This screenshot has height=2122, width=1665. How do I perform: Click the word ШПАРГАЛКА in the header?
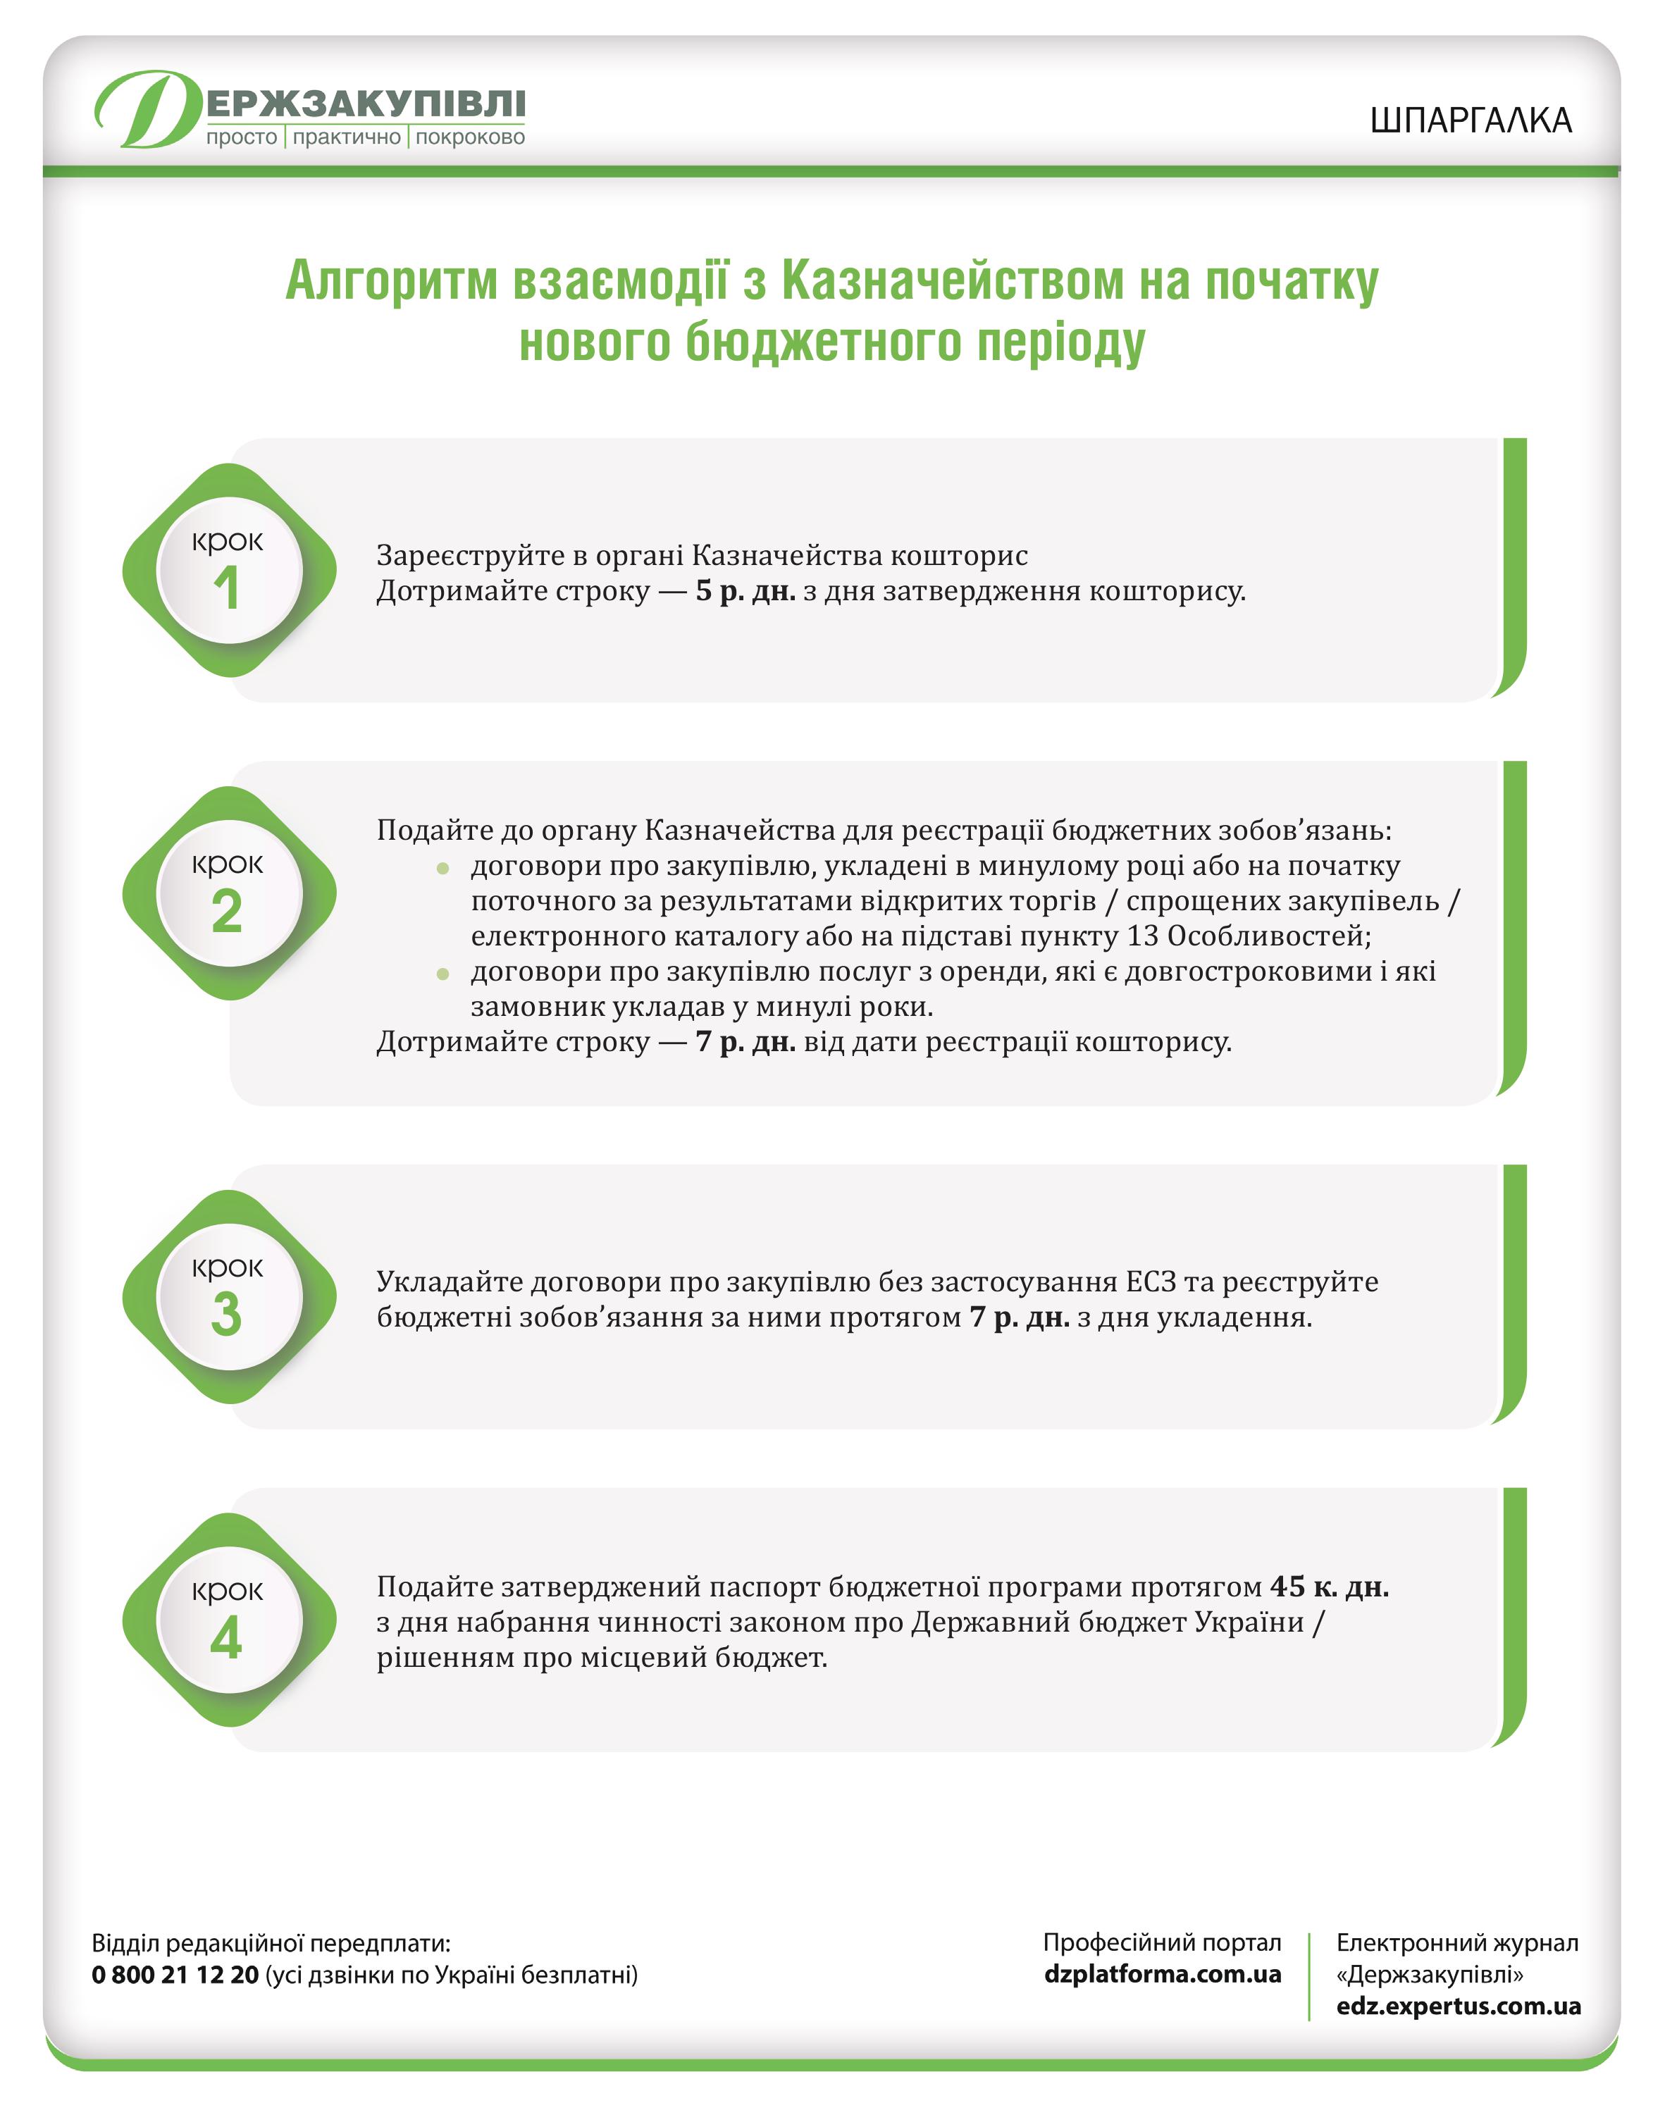click(1470, 120)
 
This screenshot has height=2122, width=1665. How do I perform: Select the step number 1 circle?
click(229, 571)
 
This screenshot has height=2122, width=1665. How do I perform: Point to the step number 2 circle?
click(229, 894)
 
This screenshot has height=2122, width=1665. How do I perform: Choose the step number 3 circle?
click(229, 1298)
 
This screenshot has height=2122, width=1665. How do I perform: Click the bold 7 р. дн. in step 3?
click(1019, 1318)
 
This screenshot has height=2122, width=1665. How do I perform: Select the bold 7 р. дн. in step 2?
click(745, 1042)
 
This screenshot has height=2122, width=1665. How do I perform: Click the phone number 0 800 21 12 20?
click(175, 1975)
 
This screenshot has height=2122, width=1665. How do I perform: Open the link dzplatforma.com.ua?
click(1162, 1974)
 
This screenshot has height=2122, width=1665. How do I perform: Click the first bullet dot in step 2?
click(442, 867)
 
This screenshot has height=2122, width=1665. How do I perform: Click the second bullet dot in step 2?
click(442, 973)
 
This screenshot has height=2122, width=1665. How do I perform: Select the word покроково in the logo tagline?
click(470, 137)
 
